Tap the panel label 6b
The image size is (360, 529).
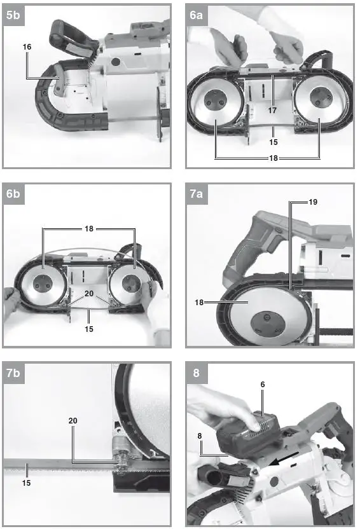point(13,195)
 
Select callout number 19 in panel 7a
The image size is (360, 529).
point(312,202)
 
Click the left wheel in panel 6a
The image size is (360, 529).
point(215,106)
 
